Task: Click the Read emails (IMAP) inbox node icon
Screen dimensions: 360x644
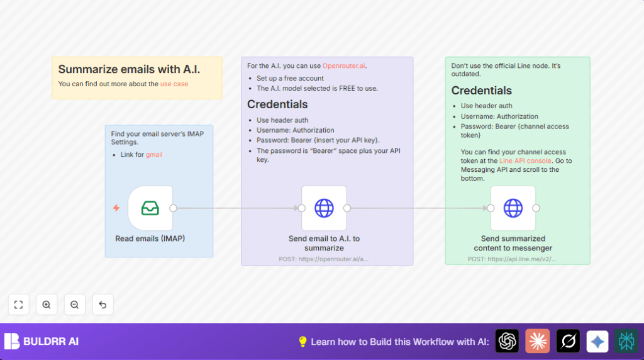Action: (x=150, y=208)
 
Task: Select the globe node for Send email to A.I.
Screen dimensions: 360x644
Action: (x=324, y=208)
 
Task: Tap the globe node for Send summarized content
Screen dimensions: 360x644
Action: (x=513, y=208)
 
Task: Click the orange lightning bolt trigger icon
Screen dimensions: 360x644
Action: (x=116, y=208)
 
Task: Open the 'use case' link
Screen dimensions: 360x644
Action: (x=174, y=84)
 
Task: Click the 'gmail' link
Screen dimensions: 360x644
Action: (x=154, y=154)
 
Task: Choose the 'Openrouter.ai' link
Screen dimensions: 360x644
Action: (x=344, y=65)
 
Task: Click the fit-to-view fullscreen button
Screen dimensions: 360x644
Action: (x=18, y=305)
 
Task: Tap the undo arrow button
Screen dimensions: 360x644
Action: (x=103, y=305)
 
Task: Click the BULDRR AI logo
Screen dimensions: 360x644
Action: (x=42, y=341)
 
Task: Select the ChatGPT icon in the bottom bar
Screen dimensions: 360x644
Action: (x=507, y=341)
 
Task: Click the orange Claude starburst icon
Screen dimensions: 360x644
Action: (x=537, y=341)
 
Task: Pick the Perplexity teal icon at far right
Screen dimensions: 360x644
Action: (x=626, y=341)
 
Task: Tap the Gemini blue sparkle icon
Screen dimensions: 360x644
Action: (x=597, y=341)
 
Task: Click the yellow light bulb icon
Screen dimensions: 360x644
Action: (x=303, y=341)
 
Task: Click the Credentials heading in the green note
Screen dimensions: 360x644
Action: (x=482, y=91)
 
